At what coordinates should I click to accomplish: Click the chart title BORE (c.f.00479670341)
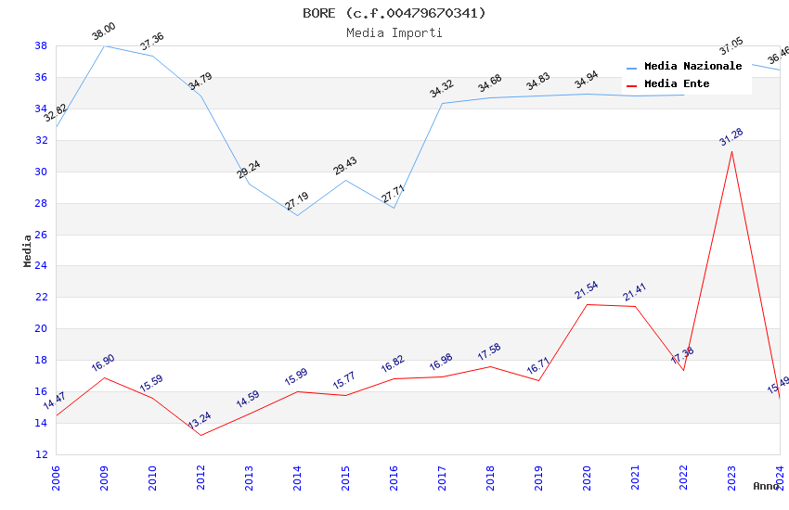[394, 13]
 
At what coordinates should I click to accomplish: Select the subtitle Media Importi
[394, 32]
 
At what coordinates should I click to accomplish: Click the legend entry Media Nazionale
[692, 66]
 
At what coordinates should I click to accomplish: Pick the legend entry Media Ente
[677, 83]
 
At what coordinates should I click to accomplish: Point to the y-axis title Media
[27, 249]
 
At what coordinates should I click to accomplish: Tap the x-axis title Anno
[766, 486]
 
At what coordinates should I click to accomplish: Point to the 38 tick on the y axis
[41, 45]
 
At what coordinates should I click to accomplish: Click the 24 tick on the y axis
[41, 266]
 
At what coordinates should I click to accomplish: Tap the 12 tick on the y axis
[41, 454]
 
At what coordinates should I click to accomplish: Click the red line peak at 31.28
[731, 151]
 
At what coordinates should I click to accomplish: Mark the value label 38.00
[103, 34]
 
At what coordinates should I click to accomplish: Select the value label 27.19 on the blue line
[297, 201]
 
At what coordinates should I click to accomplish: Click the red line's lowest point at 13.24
[200, 435]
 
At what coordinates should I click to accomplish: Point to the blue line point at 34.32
[442, 103]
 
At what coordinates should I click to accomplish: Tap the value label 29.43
[344, 166]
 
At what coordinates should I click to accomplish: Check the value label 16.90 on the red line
[103, 363]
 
